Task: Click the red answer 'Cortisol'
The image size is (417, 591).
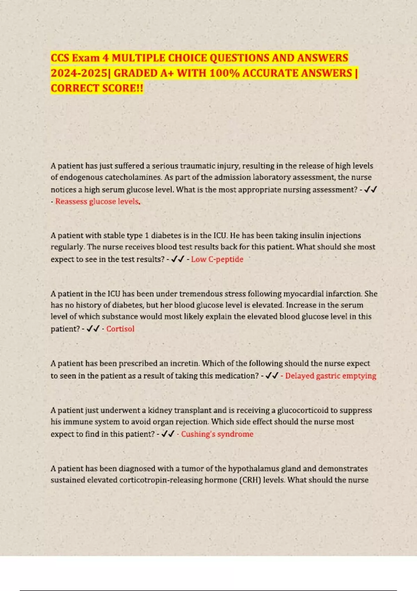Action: point(120,329)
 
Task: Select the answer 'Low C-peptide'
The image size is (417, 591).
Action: point(217,259)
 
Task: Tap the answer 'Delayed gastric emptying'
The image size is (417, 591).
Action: point(330,376)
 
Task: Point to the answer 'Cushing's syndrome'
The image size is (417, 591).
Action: point(217,434)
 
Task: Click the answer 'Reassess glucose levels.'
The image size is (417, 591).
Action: point(98,202)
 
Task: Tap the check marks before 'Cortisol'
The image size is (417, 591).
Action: point(93,329)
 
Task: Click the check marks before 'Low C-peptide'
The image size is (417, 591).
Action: point(178,259)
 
